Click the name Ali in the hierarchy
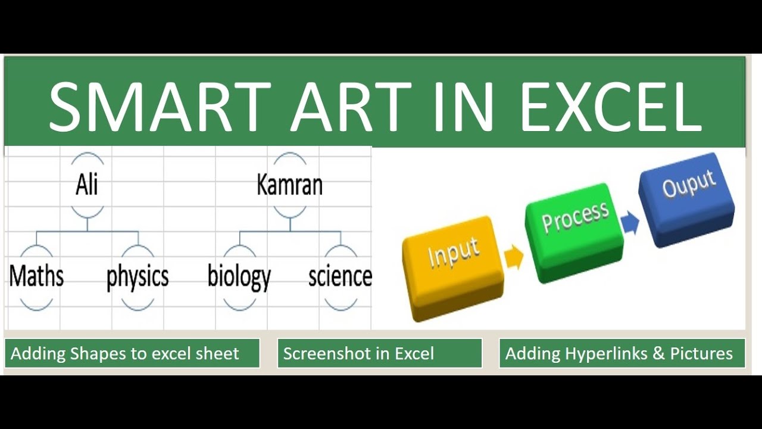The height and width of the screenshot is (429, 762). point(87,185)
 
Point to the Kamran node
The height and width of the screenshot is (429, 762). point(289,185)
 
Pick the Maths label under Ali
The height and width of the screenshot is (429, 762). point(36,276)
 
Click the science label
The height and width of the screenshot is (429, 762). point(340,276)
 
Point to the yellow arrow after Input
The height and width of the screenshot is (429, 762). point(514,257)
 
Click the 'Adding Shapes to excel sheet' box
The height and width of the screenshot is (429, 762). point(132,353)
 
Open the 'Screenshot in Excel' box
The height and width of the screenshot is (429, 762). point(379,353)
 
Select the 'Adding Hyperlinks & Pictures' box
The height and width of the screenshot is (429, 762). point(622,353)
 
